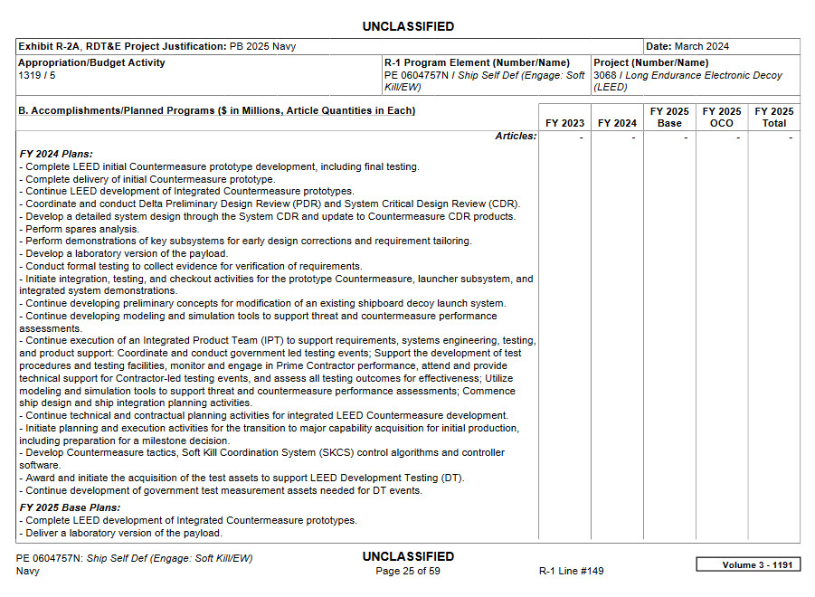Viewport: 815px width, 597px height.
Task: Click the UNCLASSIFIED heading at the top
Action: pyautogui.click(x=408, y=26)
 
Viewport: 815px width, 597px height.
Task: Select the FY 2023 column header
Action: pyautogui.click(x=564, y=123)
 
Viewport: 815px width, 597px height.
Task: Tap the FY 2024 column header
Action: pyautogui.click(x=617, y=123)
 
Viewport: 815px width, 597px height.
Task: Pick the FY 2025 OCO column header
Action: pyautogui.click(x=722, y=118)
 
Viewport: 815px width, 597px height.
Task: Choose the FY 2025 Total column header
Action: pyautogui.click(x=774, y=118)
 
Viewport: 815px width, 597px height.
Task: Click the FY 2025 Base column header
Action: pyautogui.click(x=669, y=118)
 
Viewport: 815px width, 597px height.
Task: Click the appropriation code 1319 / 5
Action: pyautogui.click(x=37, y=75)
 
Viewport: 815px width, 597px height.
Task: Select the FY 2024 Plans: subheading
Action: pyautogui.click(x=56, y=154)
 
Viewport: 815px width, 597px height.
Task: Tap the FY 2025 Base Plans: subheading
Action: pyautogui.click(x=70, y=507)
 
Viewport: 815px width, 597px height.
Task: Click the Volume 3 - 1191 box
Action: pyautogui.click(x=747, y=564)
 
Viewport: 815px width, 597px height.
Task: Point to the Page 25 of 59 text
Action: pyautogui.click(x=408, y=571)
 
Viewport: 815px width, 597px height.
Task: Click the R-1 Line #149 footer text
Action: pyautogui.click(x=571, y=571)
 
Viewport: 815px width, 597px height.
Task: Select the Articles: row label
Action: pyautogui.click(x=516, y=137)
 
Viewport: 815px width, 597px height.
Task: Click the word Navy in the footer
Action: pyautogui.click(x=28, y=571)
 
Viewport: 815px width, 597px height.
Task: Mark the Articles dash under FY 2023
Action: pyautogui.click(x=581, y=137)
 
